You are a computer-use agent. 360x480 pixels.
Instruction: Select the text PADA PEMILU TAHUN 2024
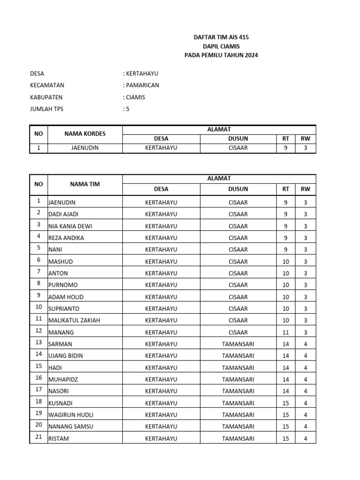[221, 55]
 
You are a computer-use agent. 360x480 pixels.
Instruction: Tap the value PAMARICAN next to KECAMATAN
[141, 85]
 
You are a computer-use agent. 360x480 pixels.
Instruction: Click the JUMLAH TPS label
[46, 109]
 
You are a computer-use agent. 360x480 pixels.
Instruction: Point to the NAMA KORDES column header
[85, 134]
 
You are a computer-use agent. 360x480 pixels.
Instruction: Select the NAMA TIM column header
[85, 184]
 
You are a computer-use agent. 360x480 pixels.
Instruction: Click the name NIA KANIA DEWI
[70, 226]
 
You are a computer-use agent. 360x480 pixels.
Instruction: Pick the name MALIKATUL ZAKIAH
[74, 320]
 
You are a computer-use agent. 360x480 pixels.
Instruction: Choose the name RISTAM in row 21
[59, 439]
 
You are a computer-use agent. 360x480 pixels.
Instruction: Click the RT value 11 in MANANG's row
[285, 332]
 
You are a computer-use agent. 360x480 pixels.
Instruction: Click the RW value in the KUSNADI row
[306, 403]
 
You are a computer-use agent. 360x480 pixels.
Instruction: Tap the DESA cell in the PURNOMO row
[161, 285]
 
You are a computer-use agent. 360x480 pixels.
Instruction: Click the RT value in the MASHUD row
[285, 262]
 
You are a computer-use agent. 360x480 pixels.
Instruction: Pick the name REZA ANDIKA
[66, 238]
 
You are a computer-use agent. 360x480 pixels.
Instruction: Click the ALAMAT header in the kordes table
[219, 129]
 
